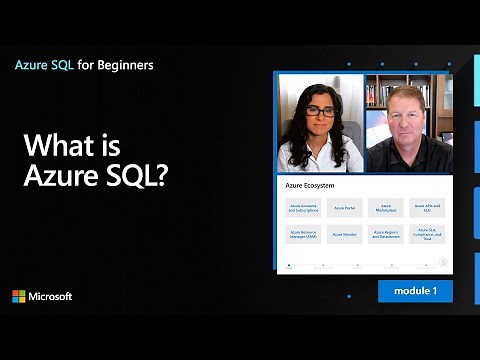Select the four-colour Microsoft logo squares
coord(19,297)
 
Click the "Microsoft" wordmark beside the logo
coord(51,297)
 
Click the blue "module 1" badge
coord(415,291)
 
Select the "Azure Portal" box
coord(345,208)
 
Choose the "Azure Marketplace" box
coord(386,208)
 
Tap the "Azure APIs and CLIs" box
coord(427,208)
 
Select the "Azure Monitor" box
coord(345,235)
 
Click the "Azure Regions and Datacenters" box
coord(386,235)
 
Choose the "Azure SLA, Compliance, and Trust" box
coord(427,235)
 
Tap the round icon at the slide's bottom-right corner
coord(443,263)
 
